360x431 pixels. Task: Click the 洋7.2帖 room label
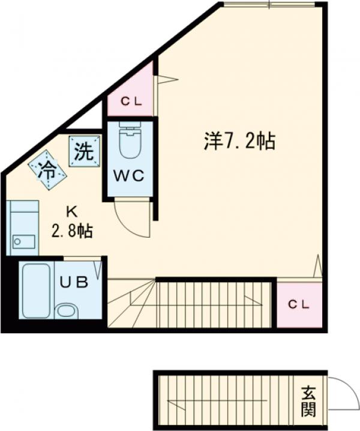click(239, 142)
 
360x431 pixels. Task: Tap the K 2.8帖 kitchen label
click(71, 222)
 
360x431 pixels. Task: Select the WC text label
click(129, 176)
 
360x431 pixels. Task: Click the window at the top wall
click(268, 5)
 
